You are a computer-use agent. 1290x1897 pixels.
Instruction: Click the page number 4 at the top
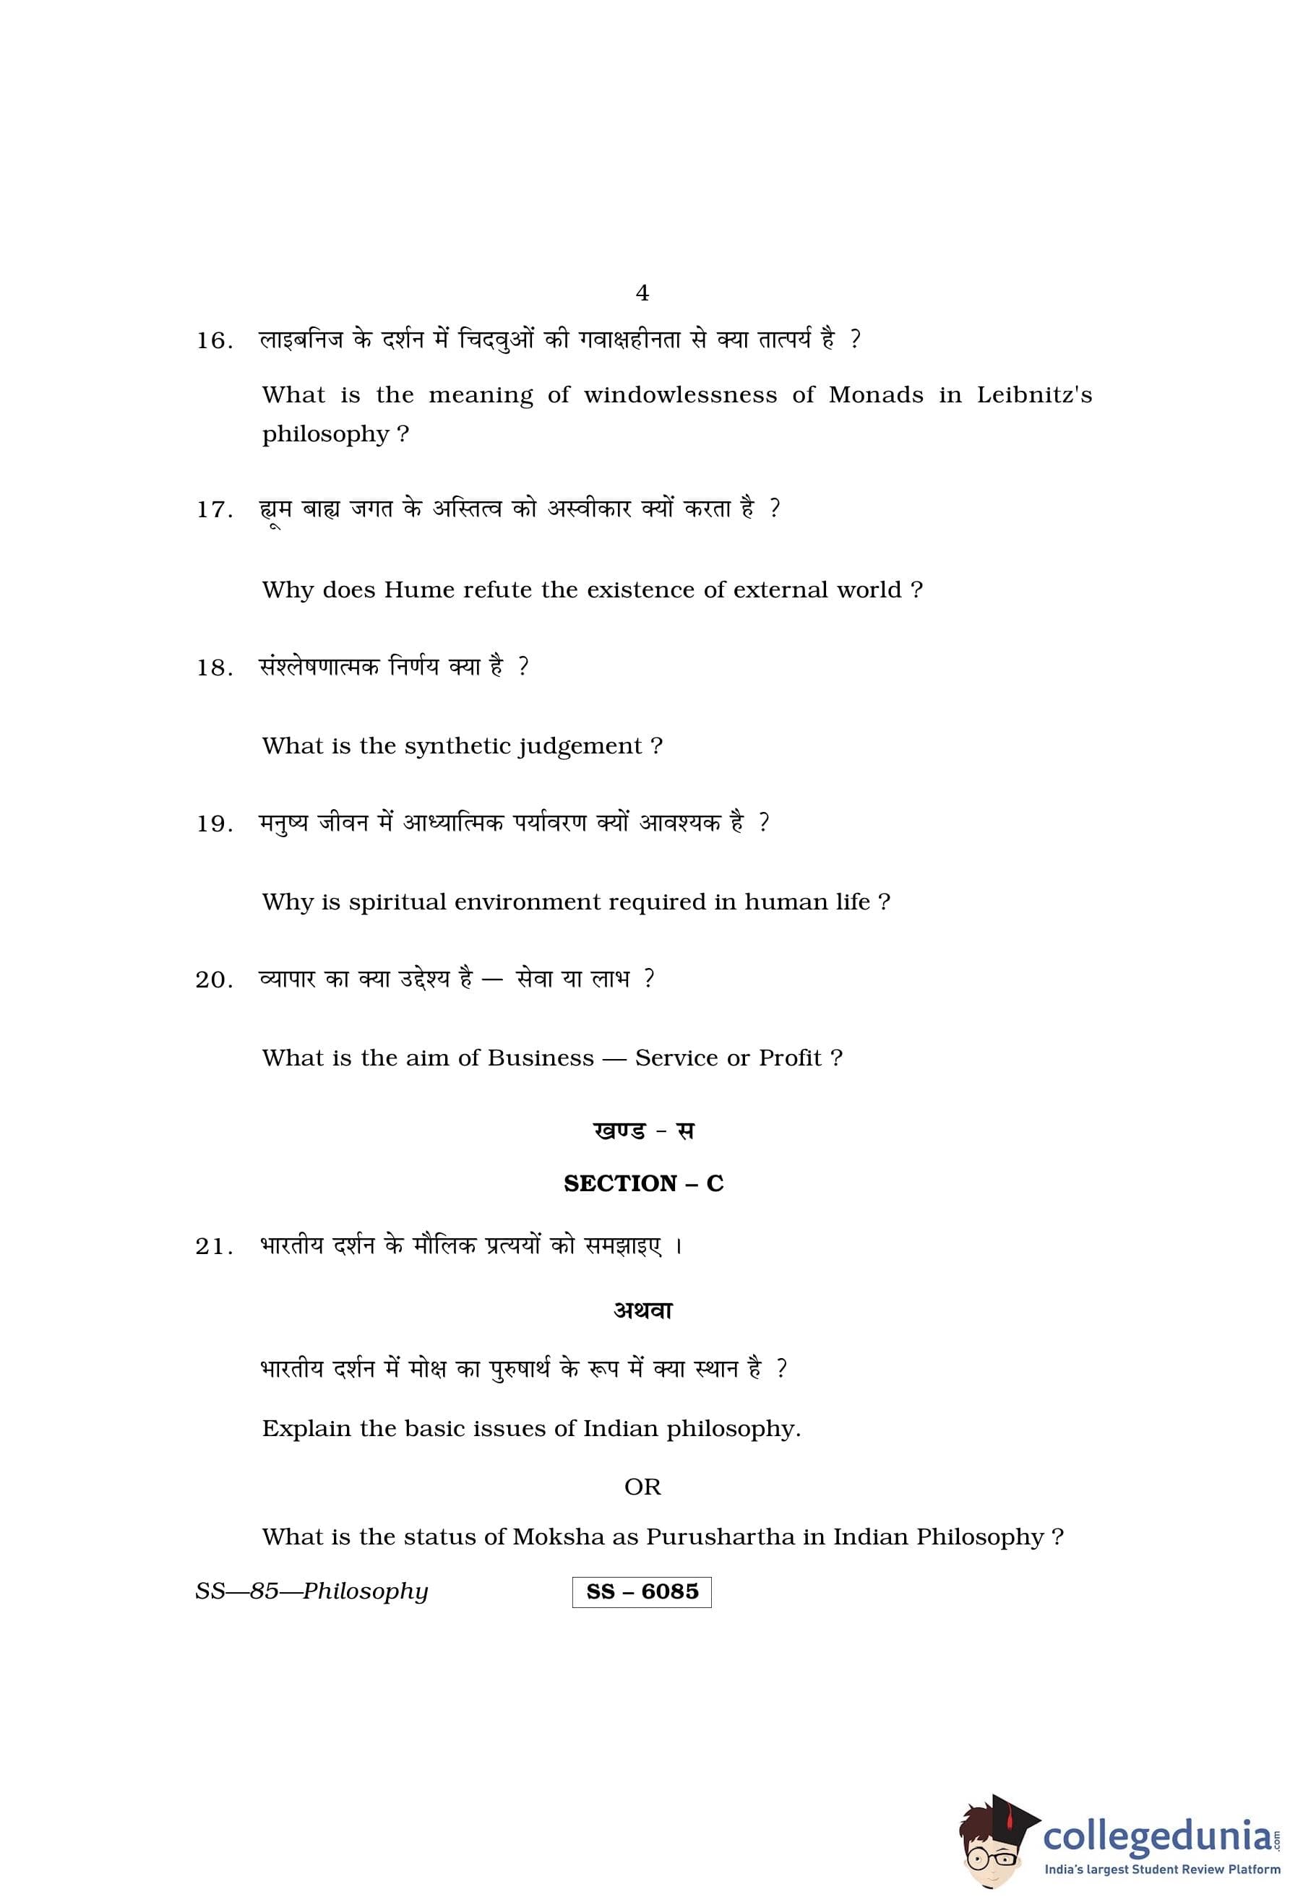642,293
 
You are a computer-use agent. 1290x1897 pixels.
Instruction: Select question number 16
214,341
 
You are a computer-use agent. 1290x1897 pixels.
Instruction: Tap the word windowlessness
680,396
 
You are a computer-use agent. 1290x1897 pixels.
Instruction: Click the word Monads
875,396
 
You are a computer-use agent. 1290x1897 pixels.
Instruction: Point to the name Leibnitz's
1033,396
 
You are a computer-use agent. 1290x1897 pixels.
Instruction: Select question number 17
214,510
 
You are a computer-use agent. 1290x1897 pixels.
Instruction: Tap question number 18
214,668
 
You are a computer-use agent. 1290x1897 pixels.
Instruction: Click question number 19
214,824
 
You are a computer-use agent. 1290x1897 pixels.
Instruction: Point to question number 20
214,980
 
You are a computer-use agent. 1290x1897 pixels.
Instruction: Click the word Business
541,1059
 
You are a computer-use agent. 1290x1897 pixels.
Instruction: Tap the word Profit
789,1059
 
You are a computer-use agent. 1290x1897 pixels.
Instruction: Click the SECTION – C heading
643,1183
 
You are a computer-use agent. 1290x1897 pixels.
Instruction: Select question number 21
214,1248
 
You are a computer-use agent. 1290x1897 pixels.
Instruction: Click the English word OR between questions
642,1487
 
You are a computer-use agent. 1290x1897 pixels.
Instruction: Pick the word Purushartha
720,1538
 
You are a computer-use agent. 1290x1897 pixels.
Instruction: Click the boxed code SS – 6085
642,1593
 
